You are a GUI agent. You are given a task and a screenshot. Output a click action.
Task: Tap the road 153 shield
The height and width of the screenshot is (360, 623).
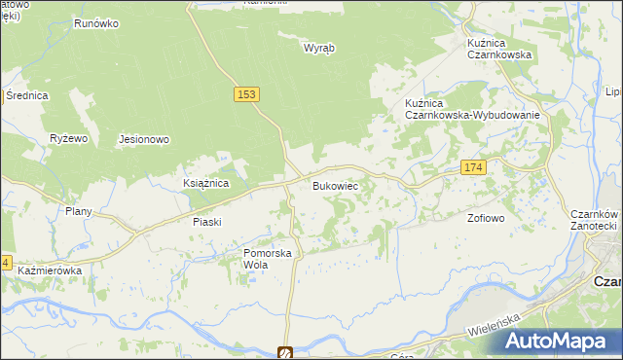[246, 93]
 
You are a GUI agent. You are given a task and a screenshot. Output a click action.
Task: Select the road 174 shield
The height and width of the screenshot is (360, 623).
[473, 168]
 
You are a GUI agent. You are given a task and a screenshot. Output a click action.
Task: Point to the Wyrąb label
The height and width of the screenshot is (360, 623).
[318, 48]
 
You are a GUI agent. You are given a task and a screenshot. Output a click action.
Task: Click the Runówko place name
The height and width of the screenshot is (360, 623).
[95, 23]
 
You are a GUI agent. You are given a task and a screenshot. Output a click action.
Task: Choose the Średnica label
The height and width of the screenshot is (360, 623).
[27, 95]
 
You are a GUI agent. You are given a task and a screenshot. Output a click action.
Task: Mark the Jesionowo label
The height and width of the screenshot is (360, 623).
[144, 139]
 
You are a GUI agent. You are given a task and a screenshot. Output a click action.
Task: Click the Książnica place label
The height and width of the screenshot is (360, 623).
[205, 183]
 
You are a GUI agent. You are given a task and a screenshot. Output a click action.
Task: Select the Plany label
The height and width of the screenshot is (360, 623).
[78, 211]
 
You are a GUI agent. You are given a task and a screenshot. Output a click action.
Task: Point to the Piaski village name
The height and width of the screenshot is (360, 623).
[206, 222]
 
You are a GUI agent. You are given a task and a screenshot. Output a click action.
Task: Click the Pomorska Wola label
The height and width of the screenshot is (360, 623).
[268, 259]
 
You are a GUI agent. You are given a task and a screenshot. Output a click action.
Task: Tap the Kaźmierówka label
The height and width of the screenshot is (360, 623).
[49, 270]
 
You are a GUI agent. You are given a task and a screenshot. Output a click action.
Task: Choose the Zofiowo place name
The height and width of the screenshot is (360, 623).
[486, 218]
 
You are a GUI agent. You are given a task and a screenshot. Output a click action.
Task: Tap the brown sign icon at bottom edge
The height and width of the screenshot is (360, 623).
[285, 353]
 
